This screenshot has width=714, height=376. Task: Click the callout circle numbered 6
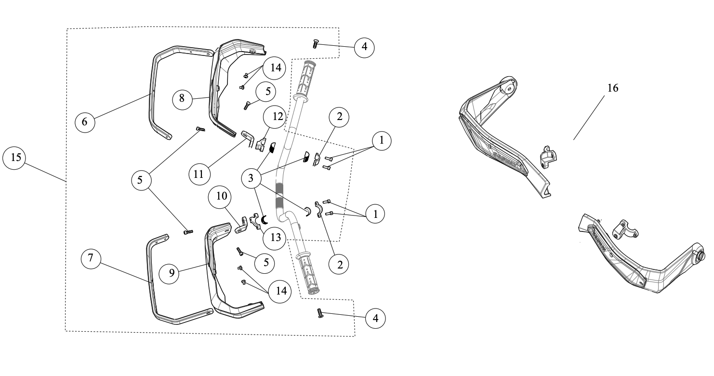point(85,121)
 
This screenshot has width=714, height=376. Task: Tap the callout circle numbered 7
point(91,259)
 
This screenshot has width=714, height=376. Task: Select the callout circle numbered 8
point(182,98)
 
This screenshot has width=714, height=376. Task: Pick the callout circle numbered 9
point(172,273)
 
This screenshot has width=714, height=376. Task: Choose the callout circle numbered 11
point(199,174)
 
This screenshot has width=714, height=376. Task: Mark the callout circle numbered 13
point(274,238)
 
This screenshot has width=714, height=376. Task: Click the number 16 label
point(612,88)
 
